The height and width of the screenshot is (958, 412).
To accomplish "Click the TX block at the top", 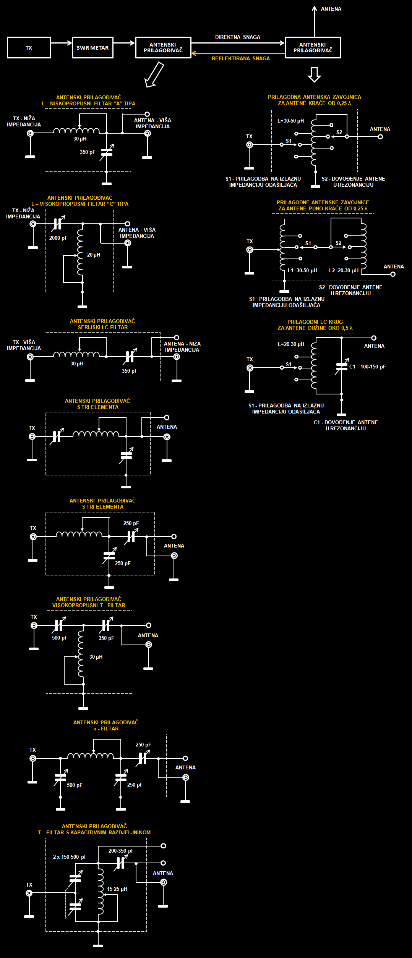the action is click(x=29, y=48).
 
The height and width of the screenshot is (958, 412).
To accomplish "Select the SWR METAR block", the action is click(x=92, y=48).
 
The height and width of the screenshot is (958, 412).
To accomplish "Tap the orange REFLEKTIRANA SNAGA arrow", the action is click(x=238, y=53).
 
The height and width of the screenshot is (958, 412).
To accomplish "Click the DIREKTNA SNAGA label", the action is click(x=238, y=37).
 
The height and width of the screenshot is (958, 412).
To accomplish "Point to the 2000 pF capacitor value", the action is click(x=58, y=238).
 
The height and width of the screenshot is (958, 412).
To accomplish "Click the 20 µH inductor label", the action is click(x=94, y=255).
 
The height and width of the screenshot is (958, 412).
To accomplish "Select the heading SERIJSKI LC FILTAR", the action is click(x=103, y=327).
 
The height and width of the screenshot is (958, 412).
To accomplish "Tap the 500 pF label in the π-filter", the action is click(x=75, y=785).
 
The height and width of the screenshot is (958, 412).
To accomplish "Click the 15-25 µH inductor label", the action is click(x=117, y=889).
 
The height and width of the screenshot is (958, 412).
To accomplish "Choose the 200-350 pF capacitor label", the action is click(x=121, y=851).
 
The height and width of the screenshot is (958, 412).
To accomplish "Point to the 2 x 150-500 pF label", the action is click(x=70, y=857).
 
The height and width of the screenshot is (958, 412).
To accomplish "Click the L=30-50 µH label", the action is click(x=291, y=121).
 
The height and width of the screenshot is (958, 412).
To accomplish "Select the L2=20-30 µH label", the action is click(x=344, y=270).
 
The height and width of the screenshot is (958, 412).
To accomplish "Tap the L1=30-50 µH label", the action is click(x=303, y=270).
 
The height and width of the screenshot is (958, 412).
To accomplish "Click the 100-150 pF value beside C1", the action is click(x=373, y=367).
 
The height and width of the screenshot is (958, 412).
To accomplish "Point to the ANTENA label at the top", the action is click(x=331, y=9).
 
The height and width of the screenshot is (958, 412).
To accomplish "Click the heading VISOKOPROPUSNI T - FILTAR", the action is click(x=89, y=605).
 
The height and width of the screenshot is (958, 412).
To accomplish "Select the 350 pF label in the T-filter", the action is click(x=106, y=638).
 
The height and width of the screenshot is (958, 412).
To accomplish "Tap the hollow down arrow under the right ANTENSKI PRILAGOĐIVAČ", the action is click(x=314, y=75).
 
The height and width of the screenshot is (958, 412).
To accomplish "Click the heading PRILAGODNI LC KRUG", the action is click(x=315, y=322).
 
